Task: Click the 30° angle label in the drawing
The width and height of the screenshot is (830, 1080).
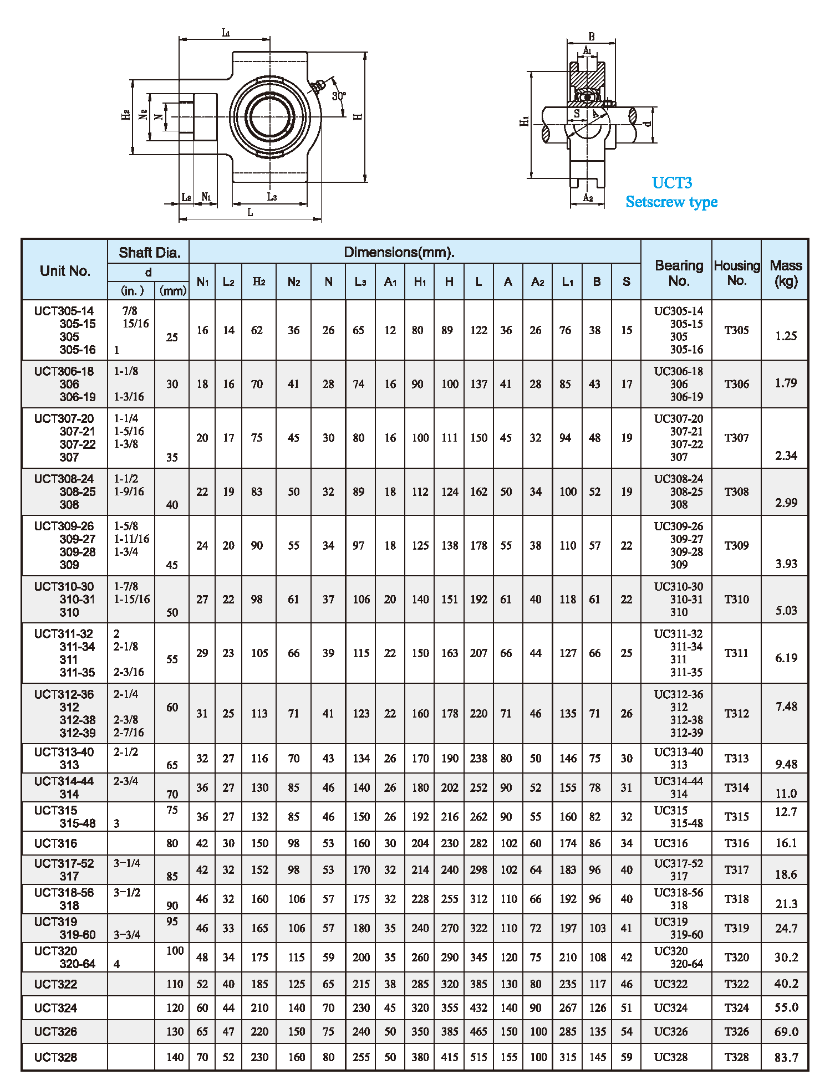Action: coord(339,96)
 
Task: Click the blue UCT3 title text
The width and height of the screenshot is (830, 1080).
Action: coord(671,183)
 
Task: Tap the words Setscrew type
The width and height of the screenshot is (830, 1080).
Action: coord(671,202)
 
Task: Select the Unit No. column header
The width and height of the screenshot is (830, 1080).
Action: coord(65,271)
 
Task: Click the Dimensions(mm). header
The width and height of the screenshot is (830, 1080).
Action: coord(399,252)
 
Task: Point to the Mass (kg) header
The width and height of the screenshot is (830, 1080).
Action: coord(786,273)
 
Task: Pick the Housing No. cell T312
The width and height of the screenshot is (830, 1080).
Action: coord(736,714)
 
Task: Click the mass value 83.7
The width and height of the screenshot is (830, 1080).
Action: coord(786,1057)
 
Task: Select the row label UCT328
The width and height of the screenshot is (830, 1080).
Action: coord(55,1057)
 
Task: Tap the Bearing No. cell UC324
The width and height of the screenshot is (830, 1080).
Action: coord(671,1008)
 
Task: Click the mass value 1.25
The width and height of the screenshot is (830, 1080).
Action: coord(786,336)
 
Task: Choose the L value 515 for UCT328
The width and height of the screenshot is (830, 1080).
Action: coord(478,1057)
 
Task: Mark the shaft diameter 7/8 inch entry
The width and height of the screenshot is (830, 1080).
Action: coord(130,311)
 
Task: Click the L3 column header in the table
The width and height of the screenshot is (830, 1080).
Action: coord(360,282)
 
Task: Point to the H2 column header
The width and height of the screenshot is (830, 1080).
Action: coord(259,281)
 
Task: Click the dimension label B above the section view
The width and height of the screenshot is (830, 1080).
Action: coord(592,37)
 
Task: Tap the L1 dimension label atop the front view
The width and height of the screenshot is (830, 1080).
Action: coord(226,33)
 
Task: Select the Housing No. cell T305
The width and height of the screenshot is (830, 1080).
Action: coord(736,330)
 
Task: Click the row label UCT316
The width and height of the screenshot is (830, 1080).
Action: coord(55,843)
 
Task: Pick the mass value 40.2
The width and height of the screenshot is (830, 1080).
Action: coord(786,984)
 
